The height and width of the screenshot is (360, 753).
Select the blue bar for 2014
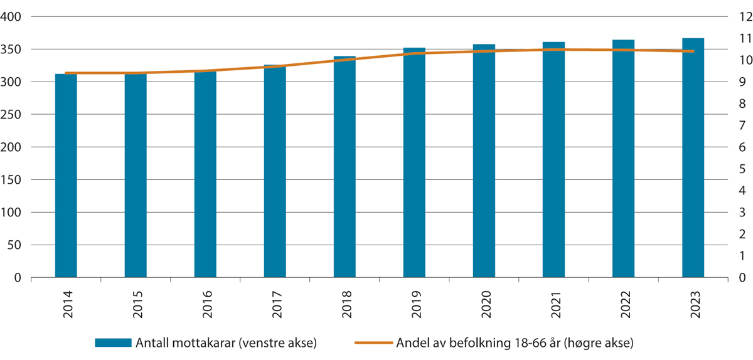(66, 176)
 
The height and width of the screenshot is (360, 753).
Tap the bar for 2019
(414, 162)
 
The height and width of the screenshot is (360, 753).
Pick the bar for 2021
(553, 159)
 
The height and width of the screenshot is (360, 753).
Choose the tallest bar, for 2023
(693, 157)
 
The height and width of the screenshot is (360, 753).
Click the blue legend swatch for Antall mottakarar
(113, 342)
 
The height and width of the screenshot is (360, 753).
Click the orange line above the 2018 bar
(344, 60)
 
